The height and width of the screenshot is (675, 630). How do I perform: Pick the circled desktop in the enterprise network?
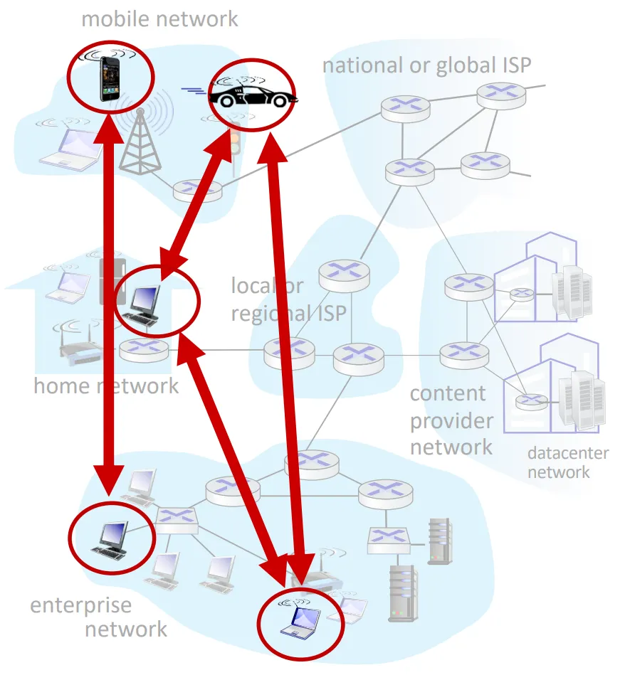click(x=110, y=537)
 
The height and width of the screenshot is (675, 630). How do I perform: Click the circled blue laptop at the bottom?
click(x=299, y=621)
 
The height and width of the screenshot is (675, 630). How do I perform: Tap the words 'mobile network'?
click(x=159, y=18)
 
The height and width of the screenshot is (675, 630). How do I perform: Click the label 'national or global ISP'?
click(x=426, y=65)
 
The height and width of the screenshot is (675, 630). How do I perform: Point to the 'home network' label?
click(x=106, y=386)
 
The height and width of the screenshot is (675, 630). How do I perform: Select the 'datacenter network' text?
click(x=567, y=462)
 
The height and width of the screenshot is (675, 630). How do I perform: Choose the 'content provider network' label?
click(x=451, y=420)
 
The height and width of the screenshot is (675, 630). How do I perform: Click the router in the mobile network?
click(x=196, y=189)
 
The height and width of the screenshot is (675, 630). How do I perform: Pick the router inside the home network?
click(x=144, y=350)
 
